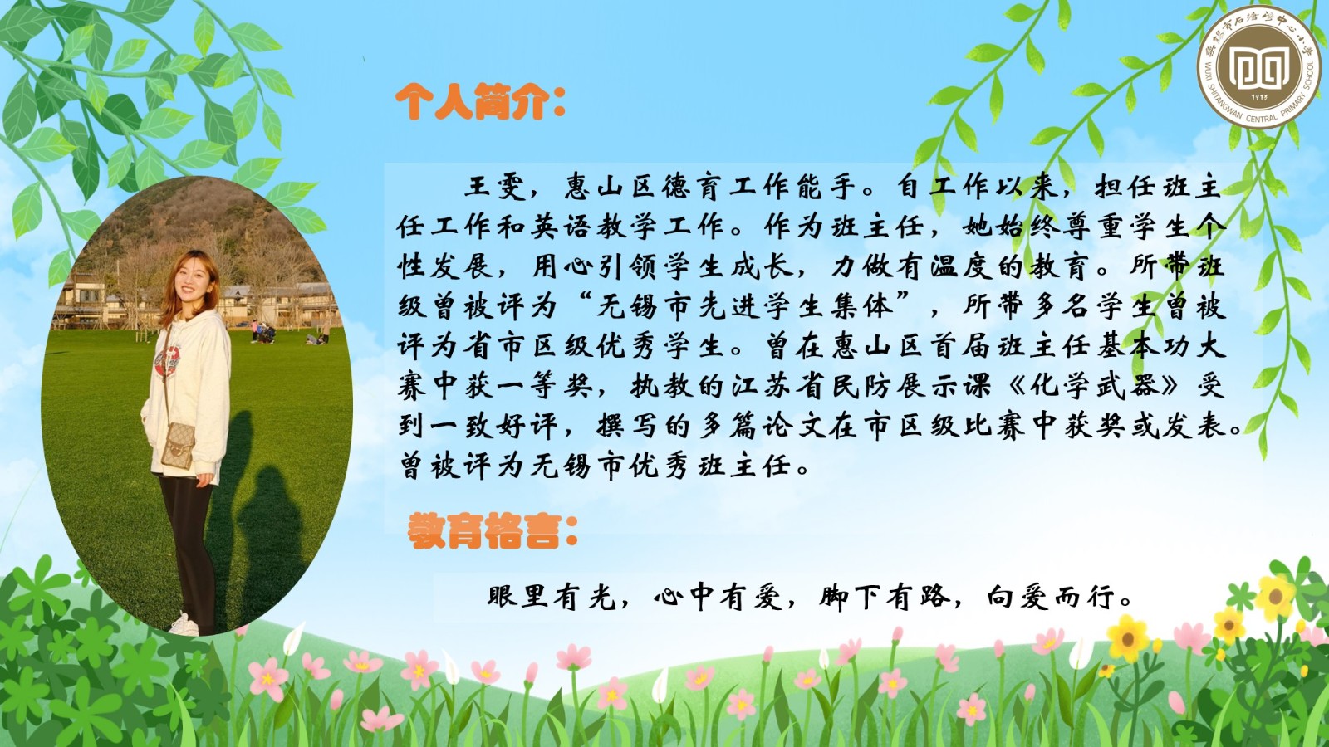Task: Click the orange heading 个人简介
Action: (x=479, y=101)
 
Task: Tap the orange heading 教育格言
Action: (x=492, y=531)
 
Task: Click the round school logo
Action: (x=1259, y=67)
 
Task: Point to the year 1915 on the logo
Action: (x=1259, y=97)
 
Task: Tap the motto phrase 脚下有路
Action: (x=884, y=597)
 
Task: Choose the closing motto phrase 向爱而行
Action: (x=1050, y=597)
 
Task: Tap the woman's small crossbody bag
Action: (x=178, y=443)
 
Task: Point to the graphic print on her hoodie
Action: (x=167, y=362)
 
